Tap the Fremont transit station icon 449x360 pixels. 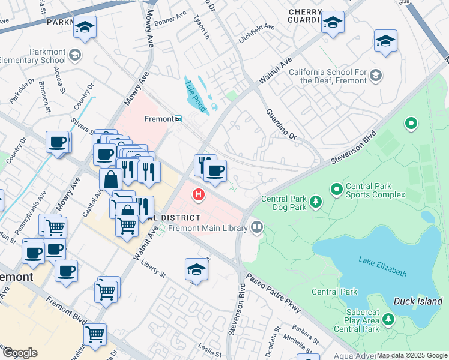click(x=178, y=119)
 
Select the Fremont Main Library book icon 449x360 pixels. click(x=257, y=227)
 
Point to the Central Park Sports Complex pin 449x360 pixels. click(x=337, y=190)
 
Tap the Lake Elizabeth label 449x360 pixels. click(x=382, y=267)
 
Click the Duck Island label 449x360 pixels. click(x=418, y=301)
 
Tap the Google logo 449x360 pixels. click(x=20, y=353)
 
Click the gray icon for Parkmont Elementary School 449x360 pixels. click(x=75, y=55)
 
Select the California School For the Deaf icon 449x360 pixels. click(x=376, y=75)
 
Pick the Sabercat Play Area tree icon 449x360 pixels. click(x=388, y=320)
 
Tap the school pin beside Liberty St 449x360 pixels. click(x=196, y=270)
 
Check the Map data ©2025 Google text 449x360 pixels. click(x=412, y=355)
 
